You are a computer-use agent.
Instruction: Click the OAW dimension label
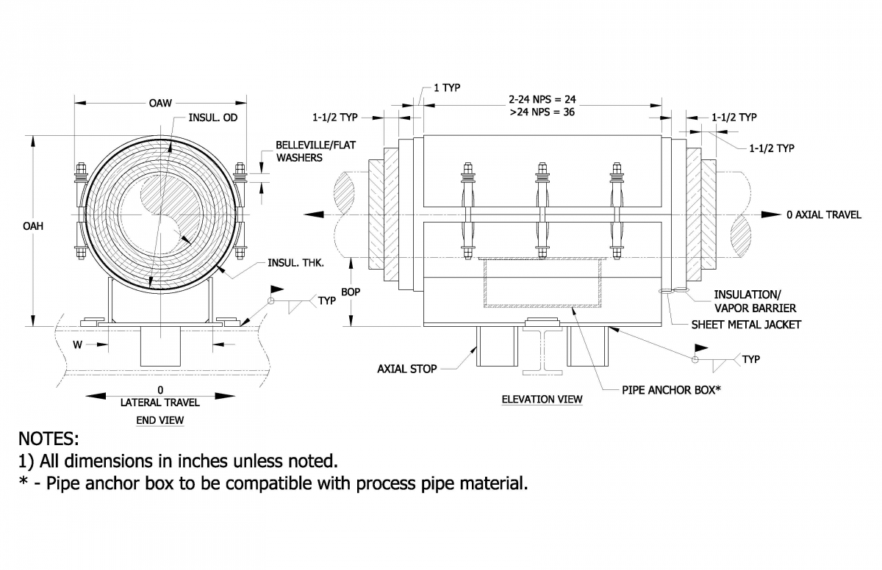coord(160,103)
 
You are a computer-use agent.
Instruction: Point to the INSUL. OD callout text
coord(213,118)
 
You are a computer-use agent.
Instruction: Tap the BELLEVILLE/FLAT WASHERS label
coord(315,151)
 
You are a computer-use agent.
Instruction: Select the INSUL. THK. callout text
coord(293,262)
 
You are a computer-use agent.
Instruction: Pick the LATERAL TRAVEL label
coord(160,403)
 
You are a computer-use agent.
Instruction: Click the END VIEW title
coord(160,420)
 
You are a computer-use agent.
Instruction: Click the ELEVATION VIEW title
coord(542,399)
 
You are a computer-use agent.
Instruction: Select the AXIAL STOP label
coord(406,369)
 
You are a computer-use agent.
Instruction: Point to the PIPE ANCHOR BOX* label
coord(671,390)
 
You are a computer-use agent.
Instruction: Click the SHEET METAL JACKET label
coord(746,325)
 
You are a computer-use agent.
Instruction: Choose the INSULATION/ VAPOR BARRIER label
coord(755,301)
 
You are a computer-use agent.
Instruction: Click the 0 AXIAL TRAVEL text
coord(823,214)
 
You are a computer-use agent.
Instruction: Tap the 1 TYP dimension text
coord(446,87)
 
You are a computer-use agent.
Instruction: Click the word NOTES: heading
coord(49,439)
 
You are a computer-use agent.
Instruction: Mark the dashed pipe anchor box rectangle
coord(542,282)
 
